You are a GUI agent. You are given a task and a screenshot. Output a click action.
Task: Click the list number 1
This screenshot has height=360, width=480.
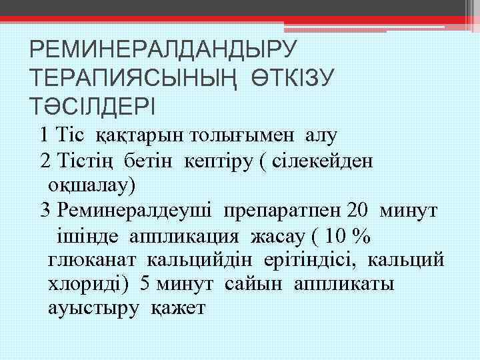click(44, 135)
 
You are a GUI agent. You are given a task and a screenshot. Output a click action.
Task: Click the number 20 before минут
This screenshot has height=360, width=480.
click(357, 210)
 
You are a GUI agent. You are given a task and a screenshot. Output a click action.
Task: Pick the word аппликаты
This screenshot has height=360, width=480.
click(347, 285)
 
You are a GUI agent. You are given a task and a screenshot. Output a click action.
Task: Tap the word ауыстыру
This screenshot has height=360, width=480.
click(94, 309)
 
